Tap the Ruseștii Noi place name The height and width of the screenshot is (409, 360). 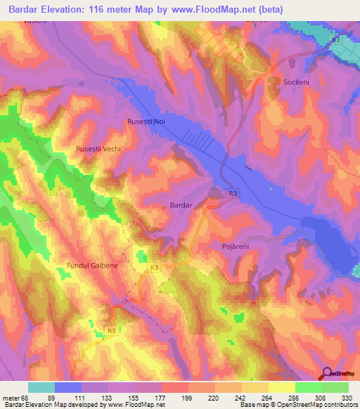tap(146, 122)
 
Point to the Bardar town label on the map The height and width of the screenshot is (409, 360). tap(181, 204)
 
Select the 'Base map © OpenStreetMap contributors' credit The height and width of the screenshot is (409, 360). tap(297, 405)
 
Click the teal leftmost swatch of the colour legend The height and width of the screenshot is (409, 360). tap(41, 387)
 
